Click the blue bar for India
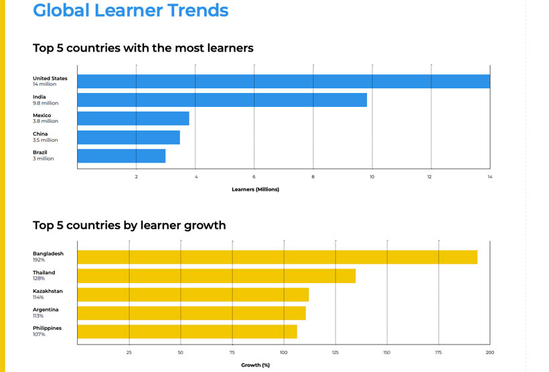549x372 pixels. click(x=222, y=100)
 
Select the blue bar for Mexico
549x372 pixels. click(x=133, y=118)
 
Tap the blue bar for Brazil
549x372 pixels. click(x=121, y=156)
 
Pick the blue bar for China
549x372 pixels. click(x=129, y=137)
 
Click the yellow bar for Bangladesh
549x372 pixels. click(x=277, y=257)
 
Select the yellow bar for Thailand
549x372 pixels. click(x=216, y=276)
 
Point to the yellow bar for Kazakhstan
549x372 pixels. click(x=193, y=294)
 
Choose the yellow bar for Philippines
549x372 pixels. click(x=187, y=331)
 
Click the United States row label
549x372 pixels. click(x=50, y=78)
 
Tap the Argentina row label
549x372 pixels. click(x=46, y=309)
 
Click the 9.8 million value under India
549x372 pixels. click(x=46, y=103)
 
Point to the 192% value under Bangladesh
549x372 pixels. click(x=39, y=260)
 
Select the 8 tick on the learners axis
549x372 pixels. click(x=313, y=177)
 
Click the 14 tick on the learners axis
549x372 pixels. click(x=489, y=177)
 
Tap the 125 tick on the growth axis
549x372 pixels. click(x=335, y=352)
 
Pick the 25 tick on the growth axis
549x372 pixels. click(x=129, y=352)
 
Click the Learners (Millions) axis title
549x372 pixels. click(x=255, y=189)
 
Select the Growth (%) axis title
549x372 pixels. click(x=255, y=365)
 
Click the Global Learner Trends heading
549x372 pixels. click(x=131, y=11)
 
